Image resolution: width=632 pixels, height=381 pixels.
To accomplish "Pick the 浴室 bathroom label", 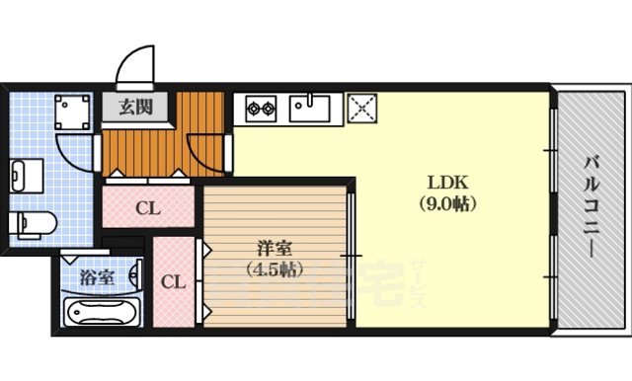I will (97, 276).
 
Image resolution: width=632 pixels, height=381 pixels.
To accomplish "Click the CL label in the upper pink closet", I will (148, 208).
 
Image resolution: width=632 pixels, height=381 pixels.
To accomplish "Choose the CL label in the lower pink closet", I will (174, 280).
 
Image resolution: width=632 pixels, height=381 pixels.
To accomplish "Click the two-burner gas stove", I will (260, 107).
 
